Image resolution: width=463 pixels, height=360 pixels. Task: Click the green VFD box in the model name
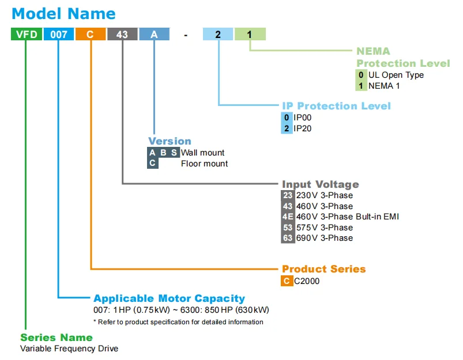point(27,34)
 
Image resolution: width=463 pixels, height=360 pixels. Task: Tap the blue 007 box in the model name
point(59,34)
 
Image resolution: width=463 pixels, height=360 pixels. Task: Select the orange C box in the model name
point(91,34)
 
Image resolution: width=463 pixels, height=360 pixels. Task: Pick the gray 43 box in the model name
point(122,34)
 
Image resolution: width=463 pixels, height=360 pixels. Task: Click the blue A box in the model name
point(155,34)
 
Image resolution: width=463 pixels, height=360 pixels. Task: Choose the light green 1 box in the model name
point(250,34)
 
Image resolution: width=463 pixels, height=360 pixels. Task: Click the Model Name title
point(64,14)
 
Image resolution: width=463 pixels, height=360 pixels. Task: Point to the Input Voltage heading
point(321,184)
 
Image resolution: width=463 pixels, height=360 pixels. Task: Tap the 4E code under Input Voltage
point(288,217)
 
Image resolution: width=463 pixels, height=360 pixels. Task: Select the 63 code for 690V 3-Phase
point(288,238)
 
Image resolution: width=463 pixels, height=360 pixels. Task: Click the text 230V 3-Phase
point(325,195)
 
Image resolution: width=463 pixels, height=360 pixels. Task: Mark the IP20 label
point(302,128)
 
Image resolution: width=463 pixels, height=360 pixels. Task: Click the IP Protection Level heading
point(336,105)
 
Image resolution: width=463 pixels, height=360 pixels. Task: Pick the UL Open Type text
point(396,75)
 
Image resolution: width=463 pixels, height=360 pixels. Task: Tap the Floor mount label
point(204,164)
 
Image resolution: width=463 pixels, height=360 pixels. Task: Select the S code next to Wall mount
point(174,153)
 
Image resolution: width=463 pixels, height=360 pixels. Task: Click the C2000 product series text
point(307,281)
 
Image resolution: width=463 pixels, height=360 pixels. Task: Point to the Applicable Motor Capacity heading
point(169,298)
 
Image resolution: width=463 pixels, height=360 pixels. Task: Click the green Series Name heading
point(57,338)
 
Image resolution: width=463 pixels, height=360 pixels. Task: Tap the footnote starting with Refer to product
point(178,322)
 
